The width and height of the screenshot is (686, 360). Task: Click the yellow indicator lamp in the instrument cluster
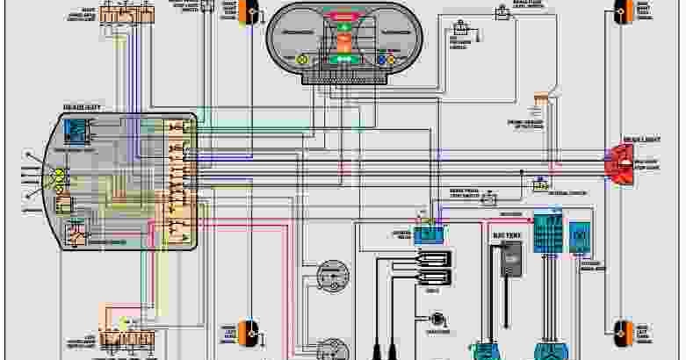pyautogui.click(x=302, y=59)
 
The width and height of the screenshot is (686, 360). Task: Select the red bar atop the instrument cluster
pyautogui.click(x=343, y=17)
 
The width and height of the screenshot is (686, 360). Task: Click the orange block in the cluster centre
pyautogui.click(x=343, y=42)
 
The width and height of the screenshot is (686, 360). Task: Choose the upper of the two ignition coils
pyautogui.click(x=433, y=258)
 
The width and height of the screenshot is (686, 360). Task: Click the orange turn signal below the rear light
pyautogui.click(x=625, y=331)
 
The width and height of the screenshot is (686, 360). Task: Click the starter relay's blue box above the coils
pyautogui.click(x=430, y=233)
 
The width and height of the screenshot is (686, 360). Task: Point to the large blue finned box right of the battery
pyautogui.click(x=549, y=234)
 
